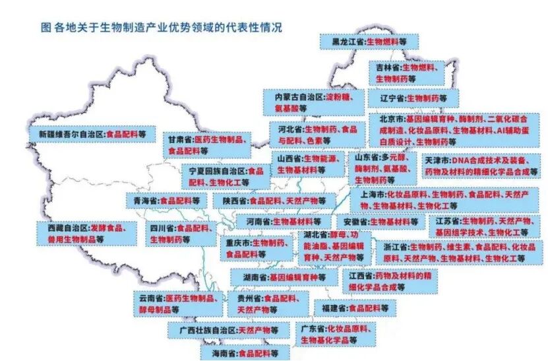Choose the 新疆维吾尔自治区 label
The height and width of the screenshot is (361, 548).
(93, 133)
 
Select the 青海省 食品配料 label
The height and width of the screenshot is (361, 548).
(161, 199)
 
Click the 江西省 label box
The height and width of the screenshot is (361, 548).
(388, 281)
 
